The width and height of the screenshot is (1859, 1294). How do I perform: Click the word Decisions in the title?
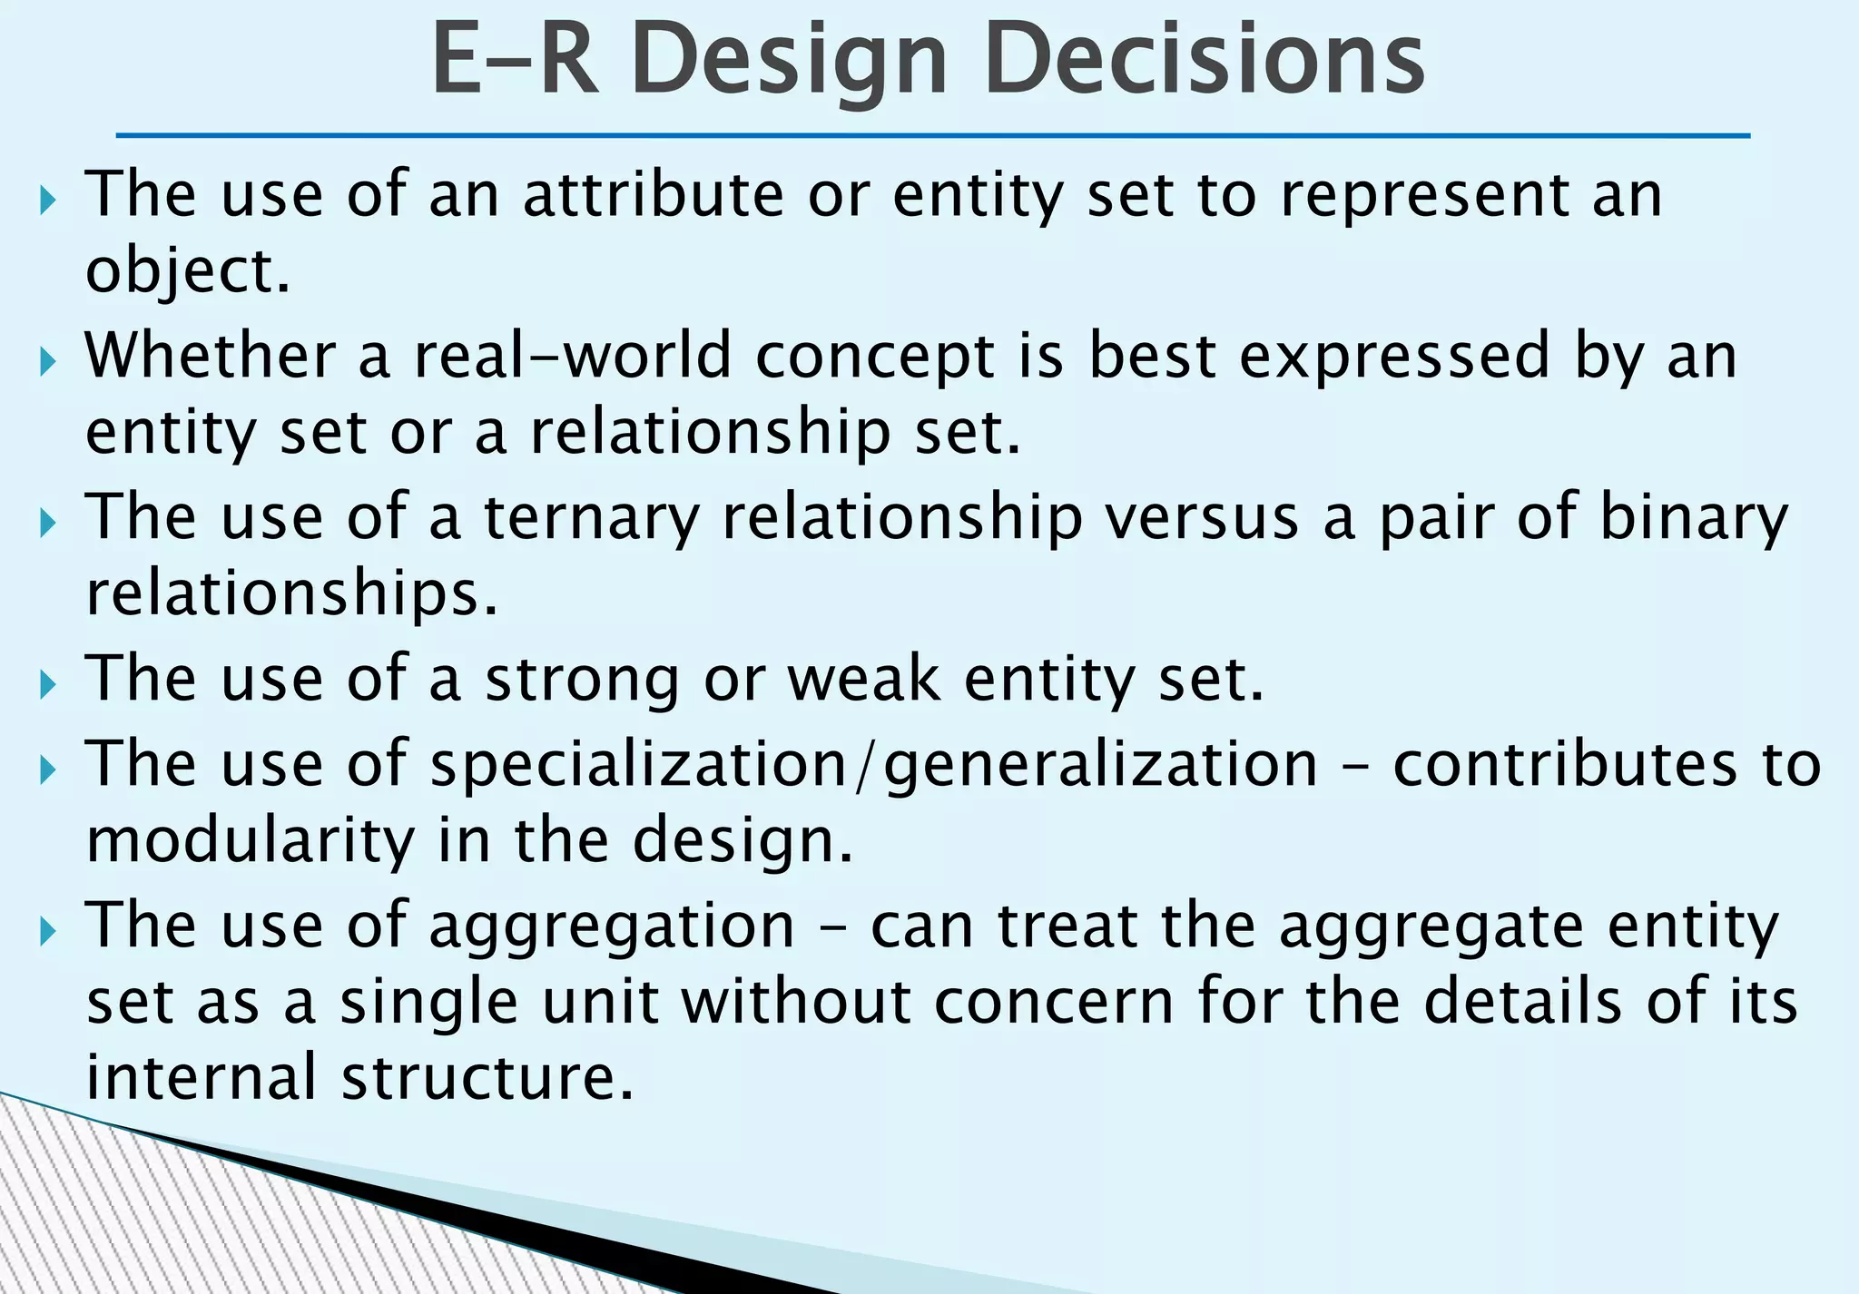coord(1205,60)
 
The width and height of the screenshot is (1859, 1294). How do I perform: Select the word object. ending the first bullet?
coord(187,271)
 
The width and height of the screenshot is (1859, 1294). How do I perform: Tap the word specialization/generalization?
coord(873,764)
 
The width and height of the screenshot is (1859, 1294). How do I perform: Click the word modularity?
coord(251,840)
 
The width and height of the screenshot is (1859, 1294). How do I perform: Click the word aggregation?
coord(611,926)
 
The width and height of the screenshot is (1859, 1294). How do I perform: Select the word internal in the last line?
coord(202,1077)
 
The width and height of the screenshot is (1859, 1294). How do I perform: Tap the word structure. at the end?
coord(487,1077)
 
